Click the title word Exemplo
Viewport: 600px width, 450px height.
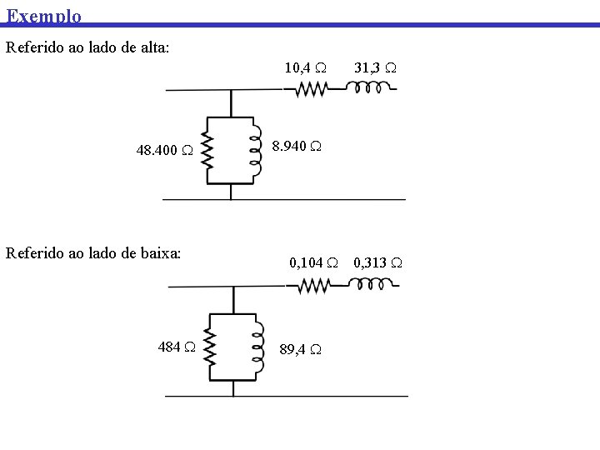pos(44,15)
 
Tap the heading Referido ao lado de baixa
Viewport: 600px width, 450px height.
pos(93,252)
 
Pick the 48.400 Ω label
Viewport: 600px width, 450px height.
pos(165,151)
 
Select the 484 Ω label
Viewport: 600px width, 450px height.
pos(177,347)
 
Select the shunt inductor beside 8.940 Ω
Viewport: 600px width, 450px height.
pos(255,150)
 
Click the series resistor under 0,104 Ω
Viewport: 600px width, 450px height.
pos(314,287)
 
